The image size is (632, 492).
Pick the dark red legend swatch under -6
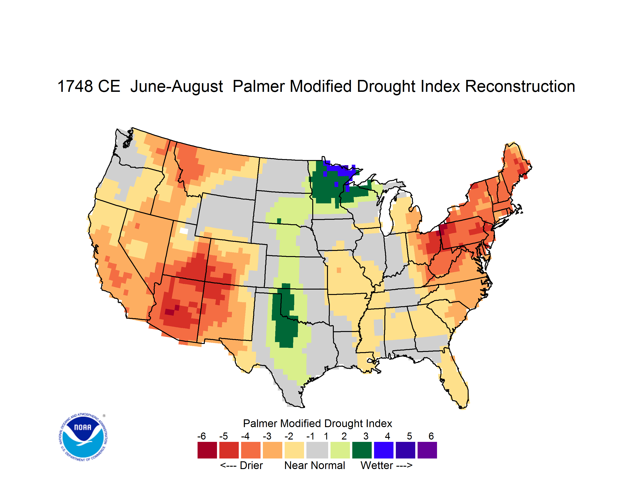click(x=207, y=450)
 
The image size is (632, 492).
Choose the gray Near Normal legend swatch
click(x=317, y=450)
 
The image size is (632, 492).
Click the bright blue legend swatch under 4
click(x=384, y=450)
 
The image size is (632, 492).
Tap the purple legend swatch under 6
click(x=427, y=450)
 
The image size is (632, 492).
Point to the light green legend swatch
click(x=340, y=450)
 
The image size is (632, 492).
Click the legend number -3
click(x=267, y=436)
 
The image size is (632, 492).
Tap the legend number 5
click(x=409, y=436)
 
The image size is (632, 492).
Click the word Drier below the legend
click(x=251, y=465)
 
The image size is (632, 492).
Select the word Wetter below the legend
click(x=377, y=465)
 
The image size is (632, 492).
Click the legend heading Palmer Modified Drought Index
click(x=317, y=423)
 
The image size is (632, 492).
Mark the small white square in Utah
click(x=184, y=231)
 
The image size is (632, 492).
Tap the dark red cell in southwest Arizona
click(x=169, y=312)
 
